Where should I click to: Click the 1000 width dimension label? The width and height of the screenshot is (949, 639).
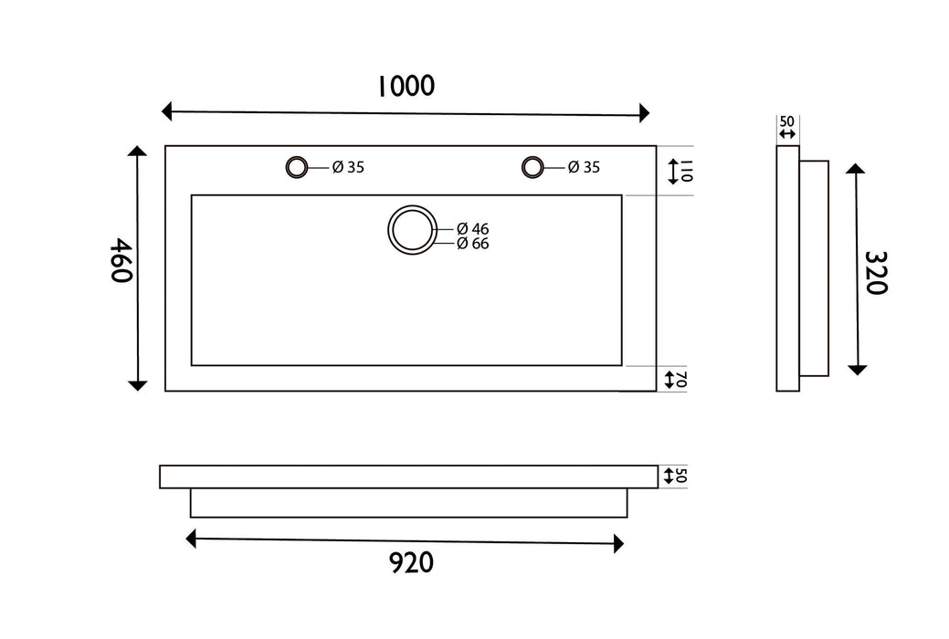tap(406, 86)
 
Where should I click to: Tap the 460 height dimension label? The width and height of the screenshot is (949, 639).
tap(121, 260)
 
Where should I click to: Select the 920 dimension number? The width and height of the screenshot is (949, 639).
tap(411, 562)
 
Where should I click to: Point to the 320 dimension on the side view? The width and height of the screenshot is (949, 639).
tap(876, 272)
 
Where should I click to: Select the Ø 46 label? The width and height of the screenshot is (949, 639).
tap(473, 229)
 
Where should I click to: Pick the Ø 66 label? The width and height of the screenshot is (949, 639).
tap(473, 243)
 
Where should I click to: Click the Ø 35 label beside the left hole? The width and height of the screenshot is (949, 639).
tap(348, 167)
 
